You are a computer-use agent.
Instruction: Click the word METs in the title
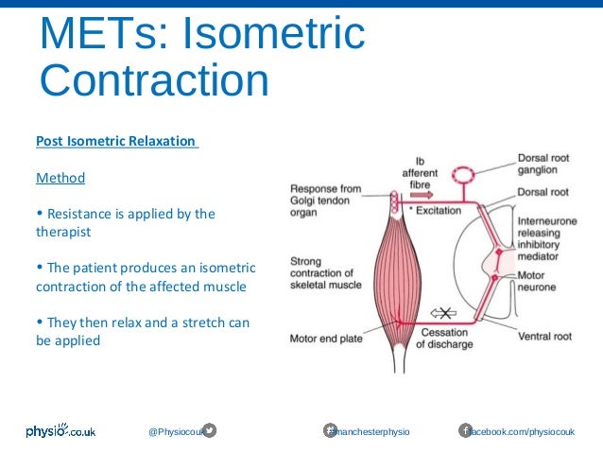(92, 34)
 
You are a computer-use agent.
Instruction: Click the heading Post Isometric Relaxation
(116, 141)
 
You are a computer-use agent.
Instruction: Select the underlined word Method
(60, 178)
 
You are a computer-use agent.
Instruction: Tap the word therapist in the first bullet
(63, 230)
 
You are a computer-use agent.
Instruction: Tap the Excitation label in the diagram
(437, 210)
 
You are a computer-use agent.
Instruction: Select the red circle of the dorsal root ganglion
(463, 175)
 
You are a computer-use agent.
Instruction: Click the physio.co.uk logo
(60, 431)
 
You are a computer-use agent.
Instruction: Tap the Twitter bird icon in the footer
(210, 431)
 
